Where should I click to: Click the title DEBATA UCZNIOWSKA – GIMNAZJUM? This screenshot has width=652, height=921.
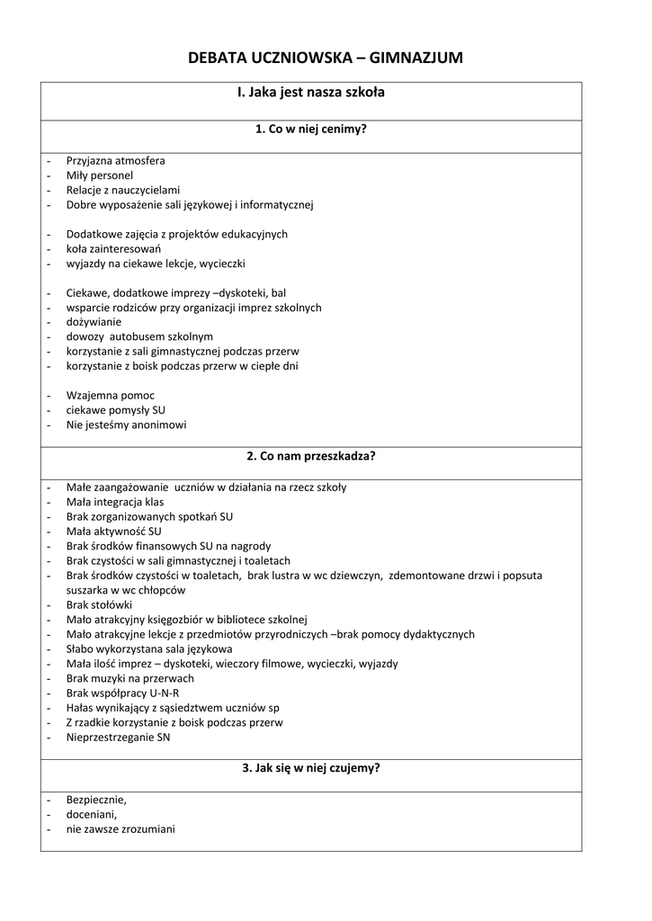pos(326,58)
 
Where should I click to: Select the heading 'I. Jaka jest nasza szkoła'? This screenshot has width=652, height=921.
pos(311,93)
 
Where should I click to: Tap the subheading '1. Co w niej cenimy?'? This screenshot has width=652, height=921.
pos(311,129)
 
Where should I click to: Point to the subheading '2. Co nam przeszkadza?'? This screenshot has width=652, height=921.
pos(311,455)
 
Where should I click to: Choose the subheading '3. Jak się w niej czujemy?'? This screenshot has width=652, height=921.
pos(311,768)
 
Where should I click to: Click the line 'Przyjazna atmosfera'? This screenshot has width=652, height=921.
pos(115,161)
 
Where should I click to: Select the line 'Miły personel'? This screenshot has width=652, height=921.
pos(99,175)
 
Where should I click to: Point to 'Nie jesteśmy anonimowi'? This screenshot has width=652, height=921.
pos(126,425)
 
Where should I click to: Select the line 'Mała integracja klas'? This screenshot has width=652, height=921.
pos(115,502)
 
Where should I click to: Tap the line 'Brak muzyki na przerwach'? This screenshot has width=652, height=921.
pos(130,678)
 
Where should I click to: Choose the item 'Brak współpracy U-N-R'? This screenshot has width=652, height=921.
pos(122,693)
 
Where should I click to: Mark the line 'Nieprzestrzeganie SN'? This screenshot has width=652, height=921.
pos(118,738)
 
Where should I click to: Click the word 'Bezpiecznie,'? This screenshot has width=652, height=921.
pos(96,800)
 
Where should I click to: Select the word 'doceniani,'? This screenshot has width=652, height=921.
pos(92,814)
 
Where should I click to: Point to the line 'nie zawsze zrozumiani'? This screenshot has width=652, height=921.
pos(121,828)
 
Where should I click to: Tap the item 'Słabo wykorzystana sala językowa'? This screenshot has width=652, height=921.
pos(149,648)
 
